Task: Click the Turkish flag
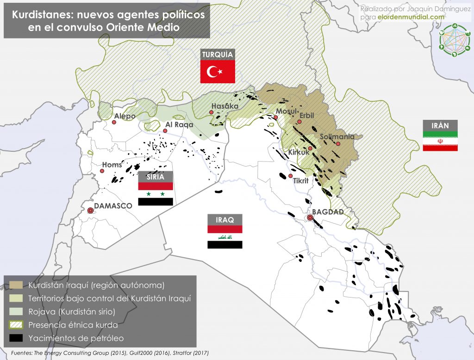[x=218, y=72]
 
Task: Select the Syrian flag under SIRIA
[x=156, y=193]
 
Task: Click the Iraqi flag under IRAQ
[x=225, y=237]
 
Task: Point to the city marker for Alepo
[x=114, y=122]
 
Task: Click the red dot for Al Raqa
[x=165, y=130]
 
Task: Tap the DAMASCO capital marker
[x=91, y=211]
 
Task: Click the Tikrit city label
[x=301, y=181]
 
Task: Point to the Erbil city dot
[x=299, y=122]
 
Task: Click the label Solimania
[x=337, y=137]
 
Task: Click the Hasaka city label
[x=225, y=106]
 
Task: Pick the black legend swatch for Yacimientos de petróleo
[x=16, y=338]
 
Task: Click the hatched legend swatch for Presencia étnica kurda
[x=16, y=325]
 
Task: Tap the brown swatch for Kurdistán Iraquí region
[x=16, y=285]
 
